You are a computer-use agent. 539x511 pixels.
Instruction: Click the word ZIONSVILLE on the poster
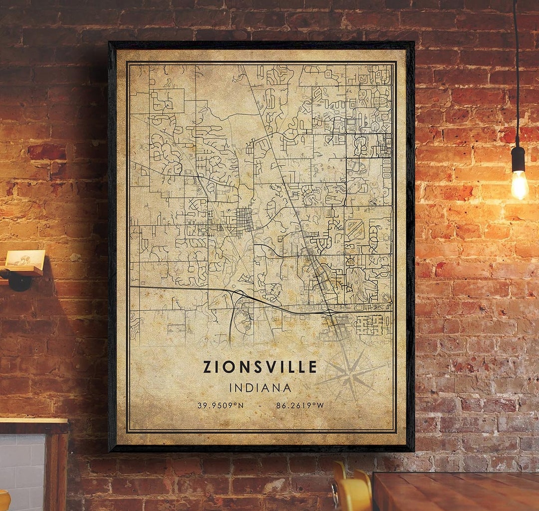click(x=260, y=367)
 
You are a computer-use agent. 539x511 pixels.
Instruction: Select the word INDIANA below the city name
click(x=260, y=387)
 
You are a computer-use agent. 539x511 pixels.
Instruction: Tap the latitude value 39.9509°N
click(x=221, y=405)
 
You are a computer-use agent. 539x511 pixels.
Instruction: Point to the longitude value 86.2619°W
click(x=300, y=405)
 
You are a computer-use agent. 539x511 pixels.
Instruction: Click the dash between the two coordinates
click(x=260, y=405)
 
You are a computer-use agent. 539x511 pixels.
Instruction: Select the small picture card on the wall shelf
click(x=25, y=258)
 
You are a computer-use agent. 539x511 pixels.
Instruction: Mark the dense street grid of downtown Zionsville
click(x=244, y=220)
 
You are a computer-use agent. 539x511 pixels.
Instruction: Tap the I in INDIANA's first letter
click(x=231, y=387)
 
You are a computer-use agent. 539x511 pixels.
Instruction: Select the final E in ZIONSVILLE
click(x=312, y=367)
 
